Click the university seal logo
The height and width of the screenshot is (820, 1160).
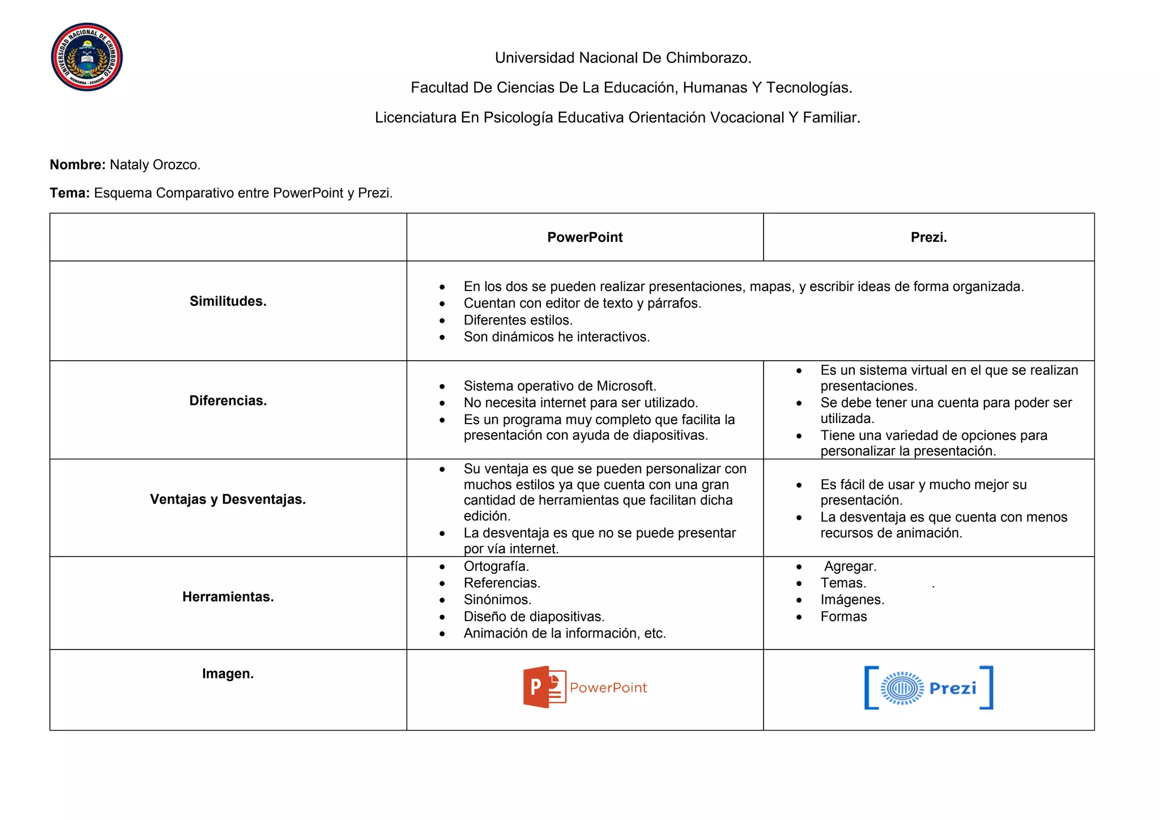(x=87, y=57)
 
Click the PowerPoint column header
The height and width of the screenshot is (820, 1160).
(x=585, y=237)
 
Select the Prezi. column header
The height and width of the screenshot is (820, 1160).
(x=928, y=237)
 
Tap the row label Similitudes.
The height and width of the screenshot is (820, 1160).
(x=228, y=301)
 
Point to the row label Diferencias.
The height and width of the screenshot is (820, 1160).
(x=228, y=401)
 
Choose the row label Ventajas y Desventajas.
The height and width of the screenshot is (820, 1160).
(x=228, y=499)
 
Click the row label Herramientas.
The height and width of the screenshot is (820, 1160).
(x=228, y=597)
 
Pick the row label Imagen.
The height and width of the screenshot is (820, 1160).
(x=228, y=674)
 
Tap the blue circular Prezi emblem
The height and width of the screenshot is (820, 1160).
(x=902, y=688)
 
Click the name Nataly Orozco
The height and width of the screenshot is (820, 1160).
(x=155, y=165)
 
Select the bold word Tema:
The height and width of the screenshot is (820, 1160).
(x=70, y=193)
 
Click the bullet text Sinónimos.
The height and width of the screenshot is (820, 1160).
(x=497, y=600)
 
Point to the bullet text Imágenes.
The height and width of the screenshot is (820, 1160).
(x=852, y=600)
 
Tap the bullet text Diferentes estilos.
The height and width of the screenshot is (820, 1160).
(x=518, y=321)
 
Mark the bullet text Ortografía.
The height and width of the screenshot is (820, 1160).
(x=496, y=566)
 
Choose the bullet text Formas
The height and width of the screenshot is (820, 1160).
(x=843, y=617)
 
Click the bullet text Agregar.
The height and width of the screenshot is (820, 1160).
(x=850, y=566)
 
